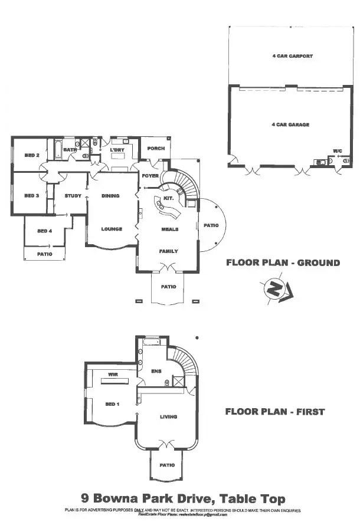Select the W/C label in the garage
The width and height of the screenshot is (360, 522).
337,152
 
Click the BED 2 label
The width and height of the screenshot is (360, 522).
32,155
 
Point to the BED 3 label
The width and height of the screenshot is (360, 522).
32,195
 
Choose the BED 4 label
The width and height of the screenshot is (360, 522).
45,231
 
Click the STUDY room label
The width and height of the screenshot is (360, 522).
73,196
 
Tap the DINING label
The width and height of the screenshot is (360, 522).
110,196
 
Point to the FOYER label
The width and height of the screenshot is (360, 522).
150,176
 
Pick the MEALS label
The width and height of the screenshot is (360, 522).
170,229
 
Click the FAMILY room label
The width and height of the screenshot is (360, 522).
168,251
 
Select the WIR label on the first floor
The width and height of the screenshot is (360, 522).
114,374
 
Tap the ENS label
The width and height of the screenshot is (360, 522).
157,371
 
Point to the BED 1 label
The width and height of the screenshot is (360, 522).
112,404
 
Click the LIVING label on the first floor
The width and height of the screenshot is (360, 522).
168,417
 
